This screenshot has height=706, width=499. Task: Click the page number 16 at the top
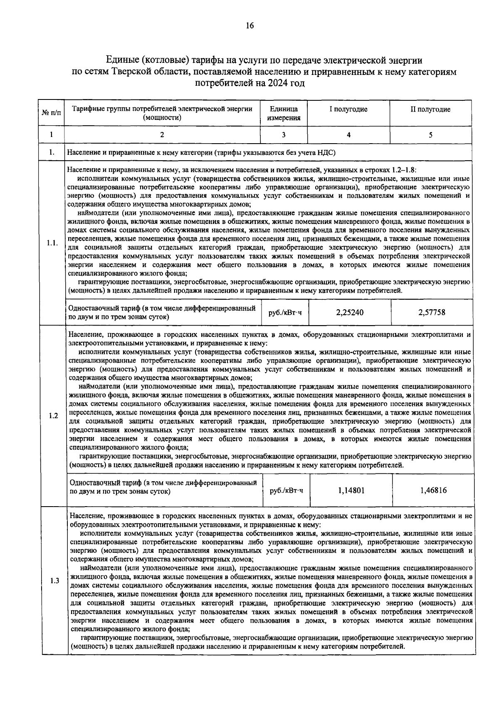[249, 26]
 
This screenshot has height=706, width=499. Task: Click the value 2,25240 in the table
[350, 312]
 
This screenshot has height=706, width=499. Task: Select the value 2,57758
[432, 312]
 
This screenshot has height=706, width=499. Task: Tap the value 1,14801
[351, 490]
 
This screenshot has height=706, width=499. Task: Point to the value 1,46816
[433, 490]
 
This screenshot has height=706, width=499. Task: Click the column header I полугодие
[348, 109]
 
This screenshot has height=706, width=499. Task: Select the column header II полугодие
[430, 109]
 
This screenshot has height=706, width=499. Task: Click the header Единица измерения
[284, 113]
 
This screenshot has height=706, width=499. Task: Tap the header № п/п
[51, 114]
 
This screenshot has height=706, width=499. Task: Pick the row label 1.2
[53, 416]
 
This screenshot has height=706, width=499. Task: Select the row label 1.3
[54, 581]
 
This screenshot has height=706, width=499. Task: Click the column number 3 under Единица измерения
[284, 135]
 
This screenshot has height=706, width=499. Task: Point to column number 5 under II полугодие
[430, 135]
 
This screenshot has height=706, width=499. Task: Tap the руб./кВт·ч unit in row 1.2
[287, 491]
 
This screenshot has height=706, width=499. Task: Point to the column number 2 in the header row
[162, 135]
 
